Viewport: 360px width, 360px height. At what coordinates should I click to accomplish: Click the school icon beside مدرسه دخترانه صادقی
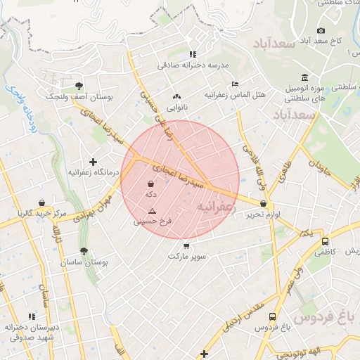point(193,54)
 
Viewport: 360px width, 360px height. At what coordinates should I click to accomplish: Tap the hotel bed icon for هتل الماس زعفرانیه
point(235,84)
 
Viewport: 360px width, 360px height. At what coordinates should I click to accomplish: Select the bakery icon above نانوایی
point(176,97)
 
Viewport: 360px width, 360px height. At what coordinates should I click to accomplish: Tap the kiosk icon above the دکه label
point(150,184)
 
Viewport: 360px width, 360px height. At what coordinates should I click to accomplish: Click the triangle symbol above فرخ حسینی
point(151,211)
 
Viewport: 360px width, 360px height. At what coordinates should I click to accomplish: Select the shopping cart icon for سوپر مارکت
point(186,245)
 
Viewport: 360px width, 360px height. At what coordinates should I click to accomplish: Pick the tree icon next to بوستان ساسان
point(84,251)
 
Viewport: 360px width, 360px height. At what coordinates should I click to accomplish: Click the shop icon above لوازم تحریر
point(263,203)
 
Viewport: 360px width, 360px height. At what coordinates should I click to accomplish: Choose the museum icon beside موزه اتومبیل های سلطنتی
point(304,77)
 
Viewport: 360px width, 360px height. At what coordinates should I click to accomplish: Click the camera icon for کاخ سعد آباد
point(321,30)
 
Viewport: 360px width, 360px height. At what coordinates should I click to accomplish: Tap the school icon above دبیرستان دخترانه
point(31,317)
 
